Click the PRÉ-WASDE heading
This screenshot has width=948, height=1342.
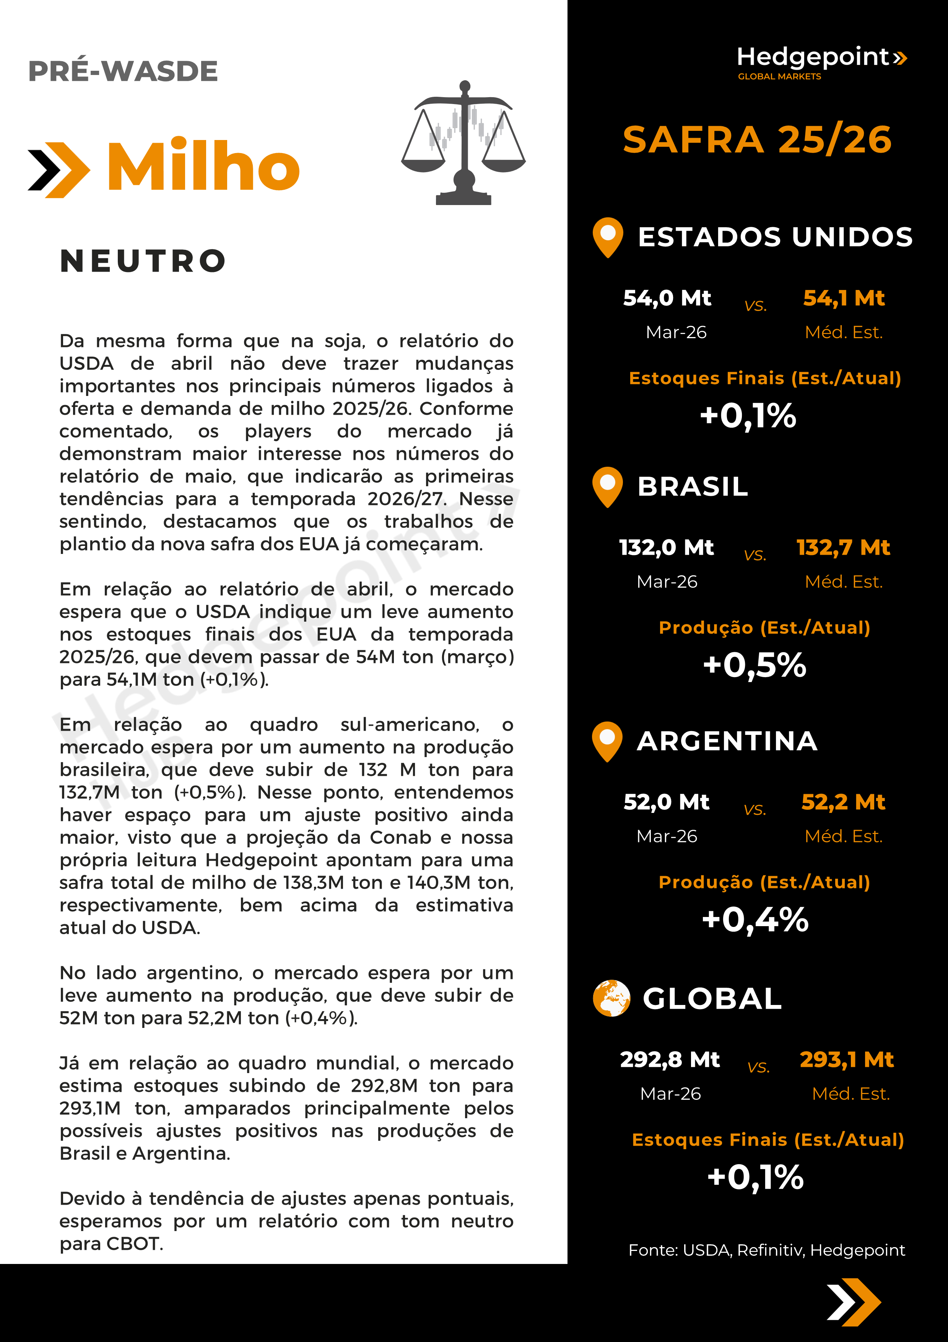click(123, 71)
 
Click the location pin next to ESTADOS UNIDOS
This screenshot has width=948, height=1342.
click(608, 237)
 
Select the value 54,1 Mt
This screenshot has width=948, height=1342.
click(844, 298)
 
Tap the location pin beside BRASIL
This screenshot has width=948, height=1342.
click(608, 486)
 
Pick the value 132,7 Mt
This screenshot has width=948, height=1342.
click(843, 548)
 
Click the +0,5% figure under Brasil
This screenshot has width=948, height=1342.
click(754, 665)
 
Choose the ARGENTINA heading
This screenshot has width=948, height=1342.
click(727, 741)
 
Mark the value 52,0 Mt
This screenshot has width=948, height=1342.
click(667, 802)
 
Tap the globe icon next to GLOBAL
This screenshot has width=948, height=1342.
click(611, 998)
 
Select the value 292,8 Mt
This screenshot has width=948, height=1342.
click(670, 1059)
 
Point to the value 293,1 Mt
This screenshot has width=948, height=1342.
click(846, 1059)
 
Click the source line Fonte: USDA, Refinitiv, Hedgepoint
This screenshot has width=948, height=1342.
click(766, 1250)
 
